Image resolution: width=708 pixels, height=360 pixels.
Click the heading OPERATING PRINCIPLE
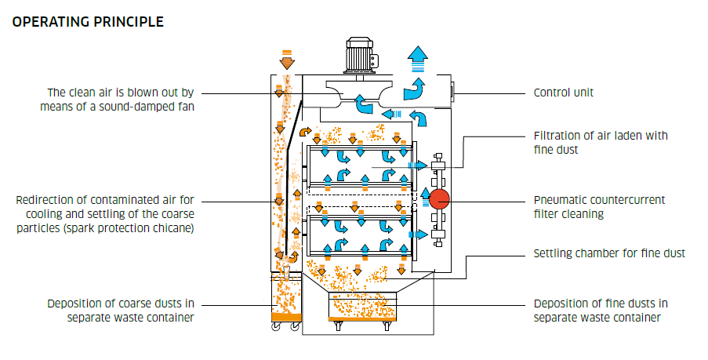(88, 22)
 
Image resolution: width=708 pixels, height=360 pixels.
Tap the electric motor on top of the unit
(361, 56)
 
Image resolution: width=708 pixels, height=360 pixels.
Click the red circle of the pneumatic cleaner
(439, 199)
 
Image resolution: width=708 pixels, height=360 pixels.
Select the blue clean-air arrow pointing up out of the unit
(418, 59)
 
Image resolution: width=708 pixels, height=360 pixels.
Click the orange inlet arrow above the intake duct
(286, 59)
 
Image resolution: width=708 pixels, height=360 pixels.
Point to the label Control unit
(563, 93)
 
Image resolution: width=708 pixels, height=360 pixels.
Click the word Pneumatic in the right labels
(560, 200)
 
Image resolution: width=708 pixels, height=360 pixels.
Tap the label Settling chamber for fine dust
(609, 253)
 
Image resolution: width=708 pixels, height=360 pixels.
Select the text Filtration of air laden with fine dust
(601, 143)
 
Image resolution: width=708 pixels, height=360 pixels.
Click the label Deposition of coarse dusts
(121, 304)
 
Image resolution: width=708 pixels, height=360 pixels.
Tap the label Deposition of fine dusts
(601, 304)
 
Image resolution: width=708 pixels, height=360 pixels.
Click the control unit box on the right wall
(453, 93)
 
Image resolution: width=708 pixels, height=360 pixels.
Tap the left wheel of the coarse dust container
(276, 326)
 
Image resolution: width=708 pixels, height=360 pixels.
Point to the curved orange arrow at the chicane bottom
(293, 257)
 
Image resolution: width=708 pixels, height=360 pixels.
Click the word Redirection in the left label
(50, 200)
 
